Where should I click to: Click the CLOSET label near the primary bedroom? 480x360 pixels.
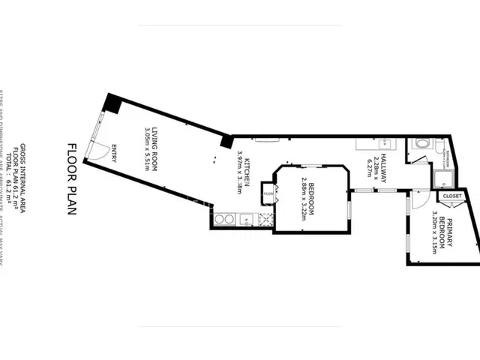[452, 196]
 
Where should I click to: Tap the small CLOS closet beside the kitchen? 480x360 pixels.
[267, 191]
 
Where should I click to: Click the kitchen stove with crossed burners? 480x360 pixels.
[265, 220]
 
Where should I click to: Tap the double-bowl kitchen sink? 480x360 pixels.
[224, 220]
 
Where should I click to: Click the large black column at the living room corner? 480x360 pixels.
[112, 102]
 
